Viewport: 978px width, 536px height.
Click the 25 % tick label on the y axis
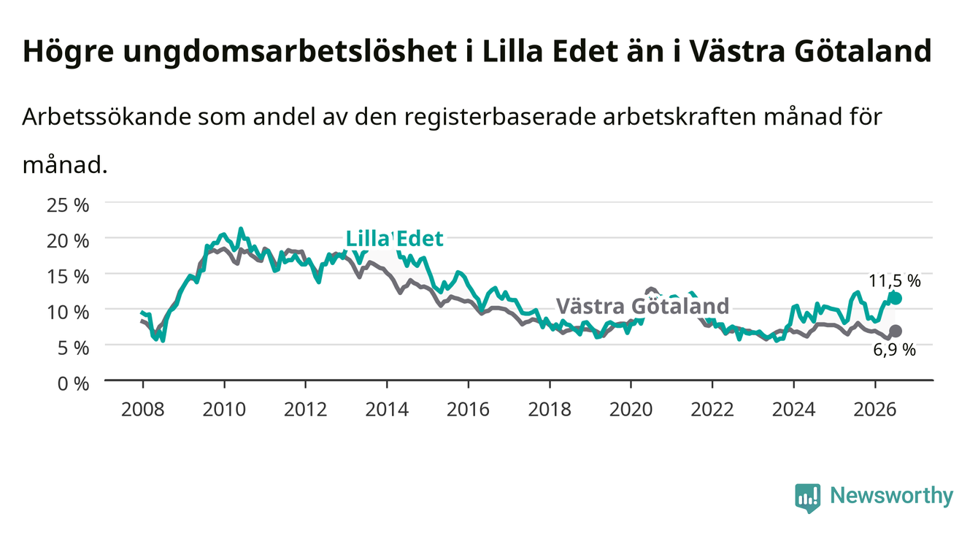[68, 205]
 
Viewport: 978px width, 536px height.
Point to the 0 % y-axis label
[73, 383]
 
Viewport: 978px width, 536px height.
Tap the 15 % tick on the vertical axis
[68, 277]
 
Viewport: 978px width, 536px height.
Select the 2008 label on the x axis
[143, 410]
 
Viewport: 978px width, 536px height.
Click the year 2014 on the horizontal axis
[387, 410]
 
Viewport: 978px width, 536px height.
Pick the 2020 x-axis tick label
[631, 410]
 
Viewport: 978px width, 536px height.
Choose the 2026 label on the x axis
[875, 410]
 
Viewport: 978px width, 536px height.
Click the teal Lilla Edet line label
[394, 239]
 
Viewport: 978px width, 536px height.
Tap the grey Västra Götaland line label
[643, 306]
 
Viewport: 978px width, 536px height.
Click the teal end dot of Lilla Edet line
[896, 299]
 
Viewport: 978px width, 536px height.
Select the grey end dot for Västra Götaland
[896, 331]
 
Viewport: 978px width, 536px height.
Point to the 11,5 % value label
[895, 281]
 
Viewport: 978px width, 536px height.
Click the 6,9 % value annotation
[895, 350]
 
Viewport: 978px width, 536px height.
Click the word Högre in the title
[68, 52]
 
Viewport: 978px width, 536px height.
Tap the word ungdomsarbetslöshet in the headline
[290, 52]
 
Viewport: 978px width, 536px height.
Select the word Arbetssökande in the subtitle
[107, 117]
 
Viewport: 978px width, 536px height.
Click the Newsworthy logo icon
[808, 498]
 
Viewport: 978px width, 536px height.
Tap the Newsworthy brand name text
[892, 496]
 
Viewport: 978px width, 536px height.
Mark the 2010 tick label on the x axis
[224, 410]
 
